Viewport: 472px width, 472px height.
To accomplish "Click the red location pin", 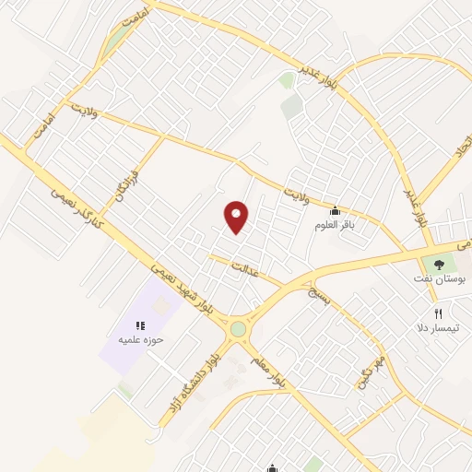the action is (x=237, y=216).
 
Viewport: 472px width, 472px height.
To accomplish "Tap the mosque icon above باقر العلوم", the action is (x=334, y=211).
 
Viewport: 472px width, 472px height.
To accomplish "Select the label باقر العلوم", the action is (x=334, y=225).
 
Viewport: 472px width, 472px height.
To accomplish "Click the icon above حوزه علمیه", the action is (x=141, y=324).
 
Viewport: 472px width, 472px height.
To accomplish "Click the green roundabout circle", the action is (x=238, y=328).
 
